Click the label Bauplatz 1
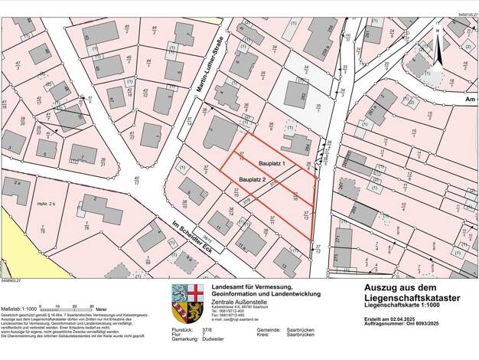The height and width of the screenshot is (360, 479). (272, 164)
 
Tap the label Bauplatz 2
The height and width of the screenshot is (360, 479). (252, 179)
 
